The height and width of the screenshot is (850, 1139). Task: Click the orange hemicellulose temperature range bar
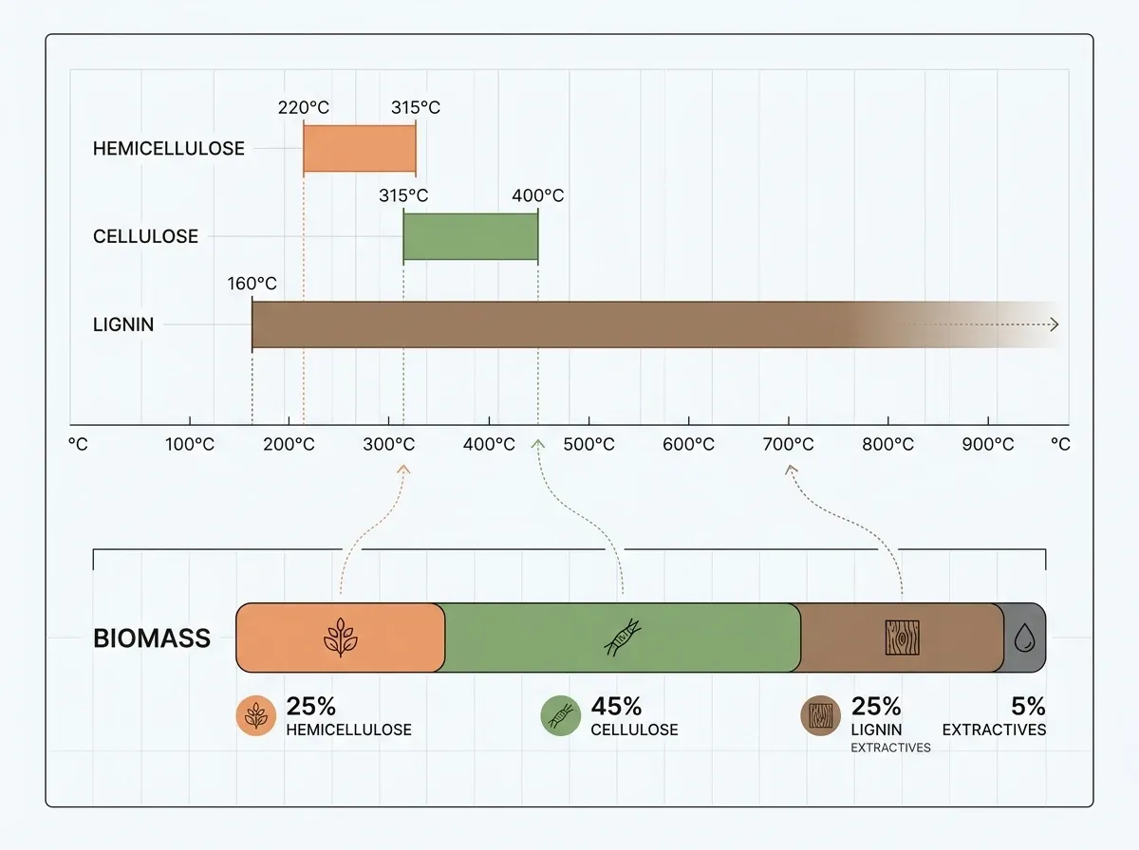359,148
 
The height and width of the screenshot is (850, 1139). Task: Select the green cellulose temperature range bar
470,237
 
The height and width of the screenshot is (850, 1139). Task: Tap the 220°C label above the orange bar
303,107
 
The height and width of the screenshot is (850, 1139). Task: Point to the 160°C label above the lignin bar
252,284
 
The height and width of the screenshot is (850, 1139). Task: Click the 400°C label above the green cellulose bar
537,195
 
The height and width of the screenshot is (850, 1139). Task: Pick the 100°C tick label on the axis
190,444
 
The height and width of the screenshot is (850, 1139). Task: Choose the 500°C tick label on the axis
588,444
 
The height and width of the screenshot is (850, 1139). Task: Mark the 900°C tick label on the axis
987,444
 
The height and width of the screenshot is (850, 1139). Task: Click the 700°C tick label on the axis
788,444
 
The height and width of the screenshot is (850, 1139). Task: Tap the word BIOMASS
152,638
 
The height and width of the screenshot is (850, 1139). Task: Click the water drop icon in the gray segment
1024,638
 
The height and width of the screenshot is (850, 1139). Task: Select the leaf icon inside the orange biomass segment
340,638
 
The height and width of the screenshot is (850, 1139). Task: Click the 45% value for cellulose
616,707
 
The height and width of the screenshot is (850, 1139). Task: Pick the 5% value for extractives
1027,707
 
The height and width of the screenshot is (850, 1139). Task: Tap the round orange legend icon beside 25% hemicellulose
255,717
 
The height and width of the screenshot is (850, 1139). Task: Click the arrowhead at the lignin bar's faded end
1053,324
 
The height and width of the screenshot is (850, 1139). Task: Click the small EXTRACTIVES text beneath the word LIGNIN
890,748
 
